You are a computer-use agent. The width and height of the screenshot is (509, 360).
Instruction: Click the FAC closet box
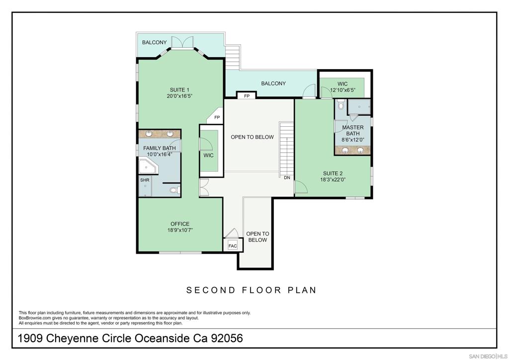[233, 246]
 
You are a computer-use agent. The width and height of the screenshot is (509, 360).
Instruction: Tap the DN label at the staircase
[287, 178]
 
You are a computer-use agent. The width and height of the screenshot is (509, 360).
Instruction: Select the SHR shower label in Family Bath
[145, 180]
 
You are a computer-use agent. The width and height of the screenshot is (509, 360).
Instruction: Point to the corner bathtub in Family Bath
[149, 166]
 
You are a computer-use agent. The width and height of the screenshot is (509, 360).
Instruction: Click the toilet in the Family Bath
[175, 190]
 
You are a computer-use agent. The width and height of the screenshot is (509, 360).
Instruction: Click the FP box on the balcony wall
[247, 96]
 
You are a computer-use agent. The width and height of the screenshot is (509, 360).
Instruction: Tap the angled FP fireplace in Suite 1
[216, 116]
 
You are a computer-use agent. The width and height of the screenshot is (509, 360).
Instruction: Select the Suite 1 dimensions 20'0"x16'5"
[179, 96]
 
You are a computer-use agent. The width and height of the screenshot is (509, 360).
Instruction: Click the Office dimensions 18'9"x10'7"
[180, 230]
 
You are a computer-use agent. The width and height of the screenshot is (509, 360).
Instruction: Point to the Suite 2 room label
[333, 174]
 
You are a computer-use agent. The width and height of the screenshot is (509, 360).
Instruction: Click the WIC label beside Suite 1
[208, 156]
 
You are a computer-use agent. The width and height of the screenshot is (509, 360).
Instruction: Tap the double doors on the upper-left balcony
[182, 43]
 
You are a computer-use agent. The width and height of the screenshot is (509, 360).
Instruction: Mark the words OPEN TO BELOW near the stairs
[252, 137]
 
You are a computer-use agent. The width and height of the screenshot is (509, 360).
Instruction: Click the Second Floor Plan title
[251, 290]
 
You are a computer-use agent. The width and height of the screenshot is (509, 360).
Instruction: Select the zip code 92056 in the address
[227, 338]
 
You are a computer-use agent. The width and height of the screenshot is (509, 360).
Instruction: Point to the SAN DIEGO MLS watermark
[488, 357]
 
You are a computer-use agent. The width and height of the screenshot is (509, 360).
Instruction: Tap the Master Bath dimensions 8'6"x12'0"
[352, 140]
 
